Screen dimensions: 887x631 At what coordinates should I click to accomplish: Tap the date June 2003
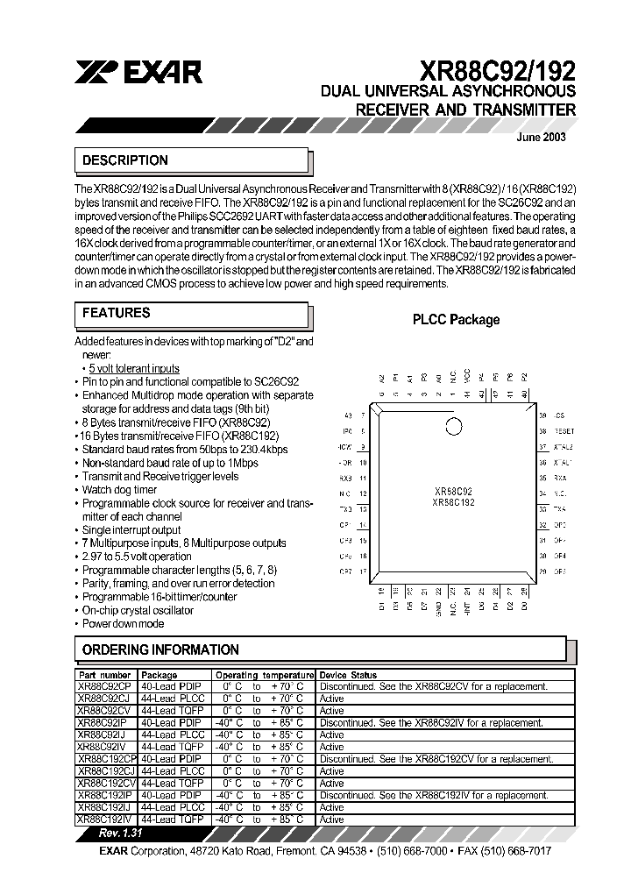pos(542,137)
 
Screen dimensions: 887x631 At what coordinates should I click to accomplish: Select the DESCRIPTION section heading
pos(124,160)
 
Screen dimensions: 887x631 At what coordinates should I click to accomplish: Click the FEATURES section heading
pos(116,313)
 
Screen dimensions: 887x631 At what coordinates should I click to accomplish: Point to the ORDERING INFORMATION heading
pos(160,649)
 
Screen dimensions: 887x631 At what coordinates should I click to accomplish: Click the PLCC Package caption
pos(456,320)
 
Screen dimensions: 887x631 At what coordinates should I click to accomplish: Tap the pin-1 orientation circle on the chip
pos(453,428)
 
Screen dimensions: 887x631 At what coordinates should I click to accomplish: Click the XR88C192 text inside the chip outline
pos(453,503)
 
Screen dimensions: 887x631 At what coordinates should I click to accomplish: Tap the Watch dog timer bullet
pos(119,490)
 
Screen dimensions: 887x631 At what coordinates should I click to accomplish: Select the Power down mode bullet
pos(123,623)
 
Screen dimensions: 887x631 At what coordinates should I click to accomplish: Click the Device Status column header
pos(348,675)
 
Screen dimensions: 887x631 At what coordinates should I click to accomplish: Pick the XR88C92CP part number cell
pos(104,687)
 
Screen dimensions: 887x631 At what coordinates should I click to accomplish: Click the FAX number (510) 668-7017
pos(518,851)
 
